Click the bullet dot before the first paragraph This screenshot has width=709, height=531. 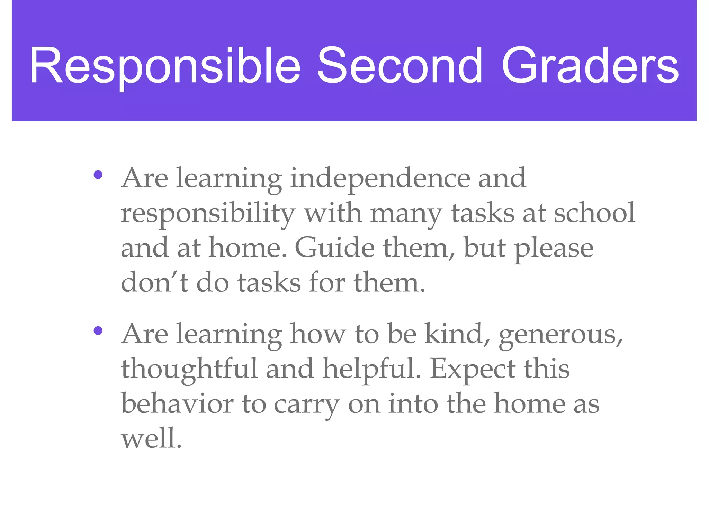[x=98, y=175]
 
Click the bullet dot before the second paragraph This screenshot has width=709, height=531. [x=98, y=331]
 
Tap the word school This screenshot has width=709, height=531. [x=594, y=213]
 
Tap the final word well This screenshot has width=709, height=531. [x=151, y=438]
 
